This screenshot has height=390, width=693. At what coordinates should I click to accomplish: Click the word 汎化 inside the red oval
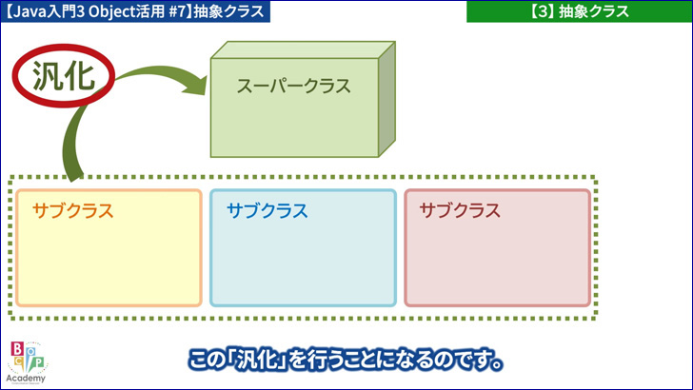64,76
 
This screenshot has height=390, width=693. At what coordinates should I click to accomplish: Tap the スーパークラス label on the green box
294,86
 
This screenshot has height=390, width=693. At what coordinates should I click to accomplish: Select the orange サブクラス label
73,210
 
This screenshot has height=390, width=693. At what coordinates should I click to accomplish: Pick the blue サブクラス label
267,210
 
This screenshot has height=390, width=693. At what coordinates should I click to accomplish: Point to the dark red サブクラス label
460,210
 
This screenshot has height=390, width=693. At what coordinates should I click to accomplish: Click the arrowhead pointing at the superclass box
197,85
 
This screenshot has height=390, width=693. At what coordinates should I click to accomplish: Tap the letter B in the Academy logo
17,349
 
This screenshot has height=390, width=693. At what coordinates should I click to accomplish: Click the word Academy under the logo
26,379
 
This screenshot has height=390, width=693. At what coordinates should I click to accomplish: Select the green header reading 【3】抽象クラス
580,11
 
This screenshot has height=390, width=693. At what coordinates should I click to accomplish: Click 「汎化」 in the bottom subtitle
260,360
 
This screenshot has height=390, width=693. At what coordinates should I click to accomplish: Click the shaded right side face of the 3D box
386,99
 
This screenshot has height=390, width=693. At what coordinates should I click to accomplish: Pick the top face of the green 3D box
303,49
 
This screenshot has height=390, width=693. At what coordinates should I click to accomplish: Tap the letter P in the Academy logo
39,362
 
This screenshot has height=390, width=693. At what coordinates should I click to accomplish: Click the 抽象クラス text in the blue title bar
228,11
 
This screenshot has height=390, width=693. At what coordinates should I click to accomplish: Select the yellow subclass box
109,247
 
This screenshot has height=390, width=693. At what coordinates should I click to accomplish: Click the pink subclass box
498,247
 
